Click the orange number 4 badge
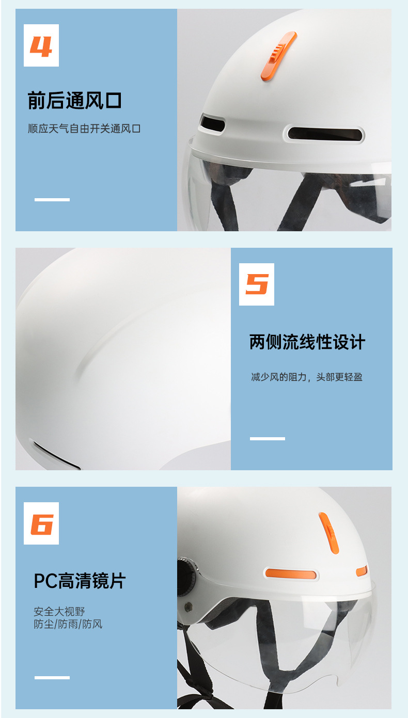pyautogui.click(x=41, y=45)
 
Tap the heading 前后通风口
pyautogui.click(x=74, y=100)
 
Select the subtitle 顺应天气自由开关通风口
pyautogui.click(x=84, y=129)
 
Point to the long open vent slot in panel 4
pyautogui.click(x=325, y=134)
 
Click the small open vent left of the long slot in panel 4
pyautogui.click(x=212, y=123)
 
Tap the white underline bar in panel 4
pyautogui.click(x=52, y=199)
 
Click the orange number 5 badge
pyautogui.click(x=257, y=284)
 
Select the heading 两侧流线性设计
pyautogui.click(x=307, y=342)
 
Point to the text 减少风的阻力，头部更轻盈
pyautogui.click(x=307, y=377)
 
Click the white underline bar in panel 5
pyautogui.click(x=267, y=438)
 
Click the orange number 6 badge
pyautogui.click(x=41, y=523)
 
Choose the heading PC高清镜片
pyautogui.click(x=80, y=581)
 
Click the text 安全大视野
pyautogui.click(x=59, y=612)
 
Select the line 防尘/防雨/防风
pyautogui.click(x=68, y=624)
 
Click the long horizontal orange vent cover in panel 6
pyautogui.click(x=291, y=573)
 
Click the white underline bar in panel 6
pyautogui.click(x=52, y=677)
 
